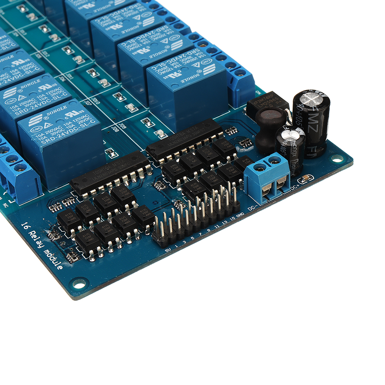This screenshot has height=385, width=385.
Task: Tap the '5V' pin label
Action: click(168, 250)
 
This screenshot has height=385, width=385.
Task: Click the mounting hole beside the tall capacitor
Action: click(337, 158)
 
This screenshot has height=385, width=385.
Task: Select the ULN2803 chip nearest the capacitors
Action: click(185, 141)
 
